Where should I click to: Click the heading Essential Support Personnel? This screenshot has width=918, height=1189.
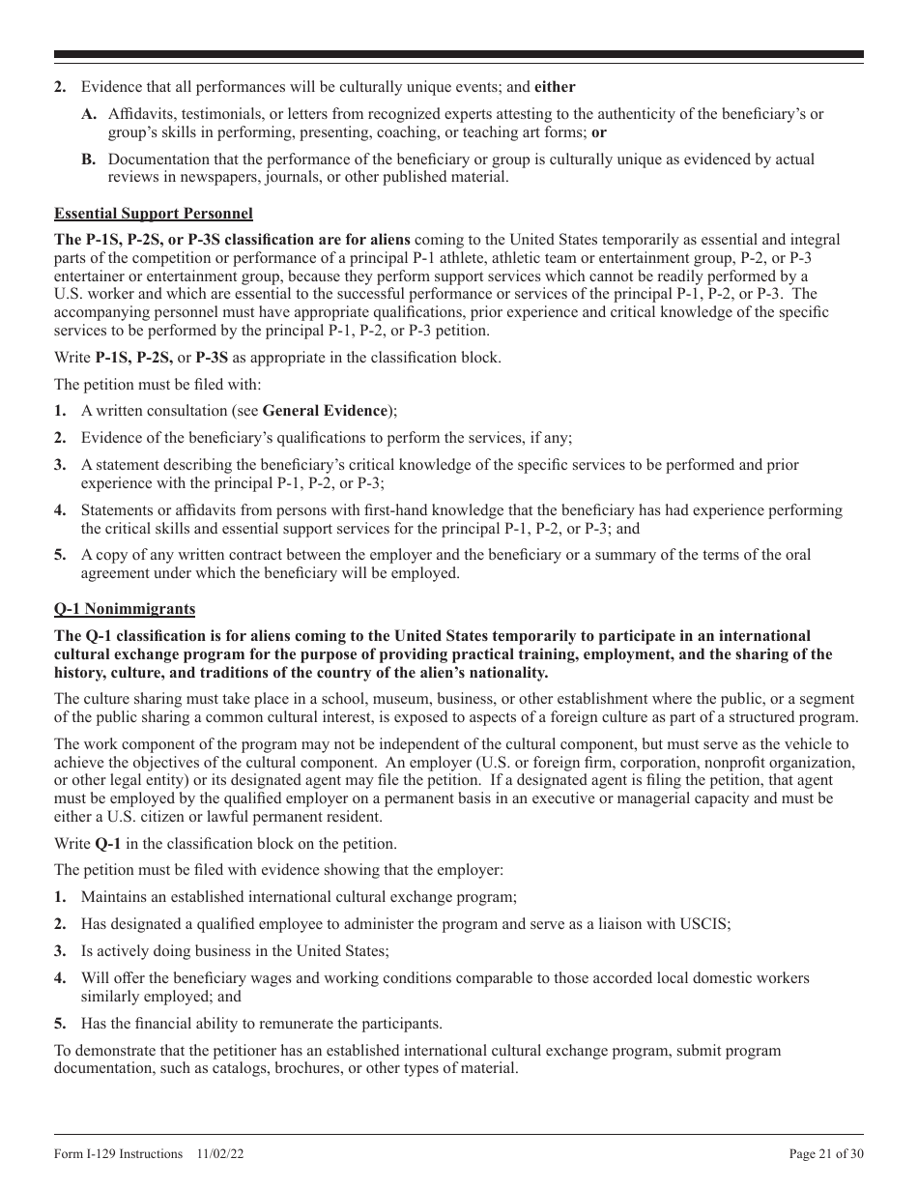click(154, 214)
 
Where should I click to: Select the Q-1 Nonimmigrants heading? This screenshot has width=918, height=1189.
click(125, 609)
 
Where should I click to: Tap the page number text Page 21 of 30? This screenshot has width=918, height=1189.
click(826, 1153)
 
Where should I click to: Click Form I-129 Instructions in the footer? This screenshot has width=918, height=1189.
click(119, 1153)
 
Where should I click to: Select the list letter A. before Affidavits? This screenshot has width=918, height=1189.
click(89, 114)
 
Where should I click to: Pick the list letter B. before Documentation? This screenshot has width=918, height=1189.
click(89, 159)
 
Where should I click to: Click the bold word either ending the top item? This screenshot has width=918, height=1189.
click(555, 87)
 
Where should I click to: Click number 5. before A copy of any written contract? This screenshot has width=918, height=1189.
click(60, 555)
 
